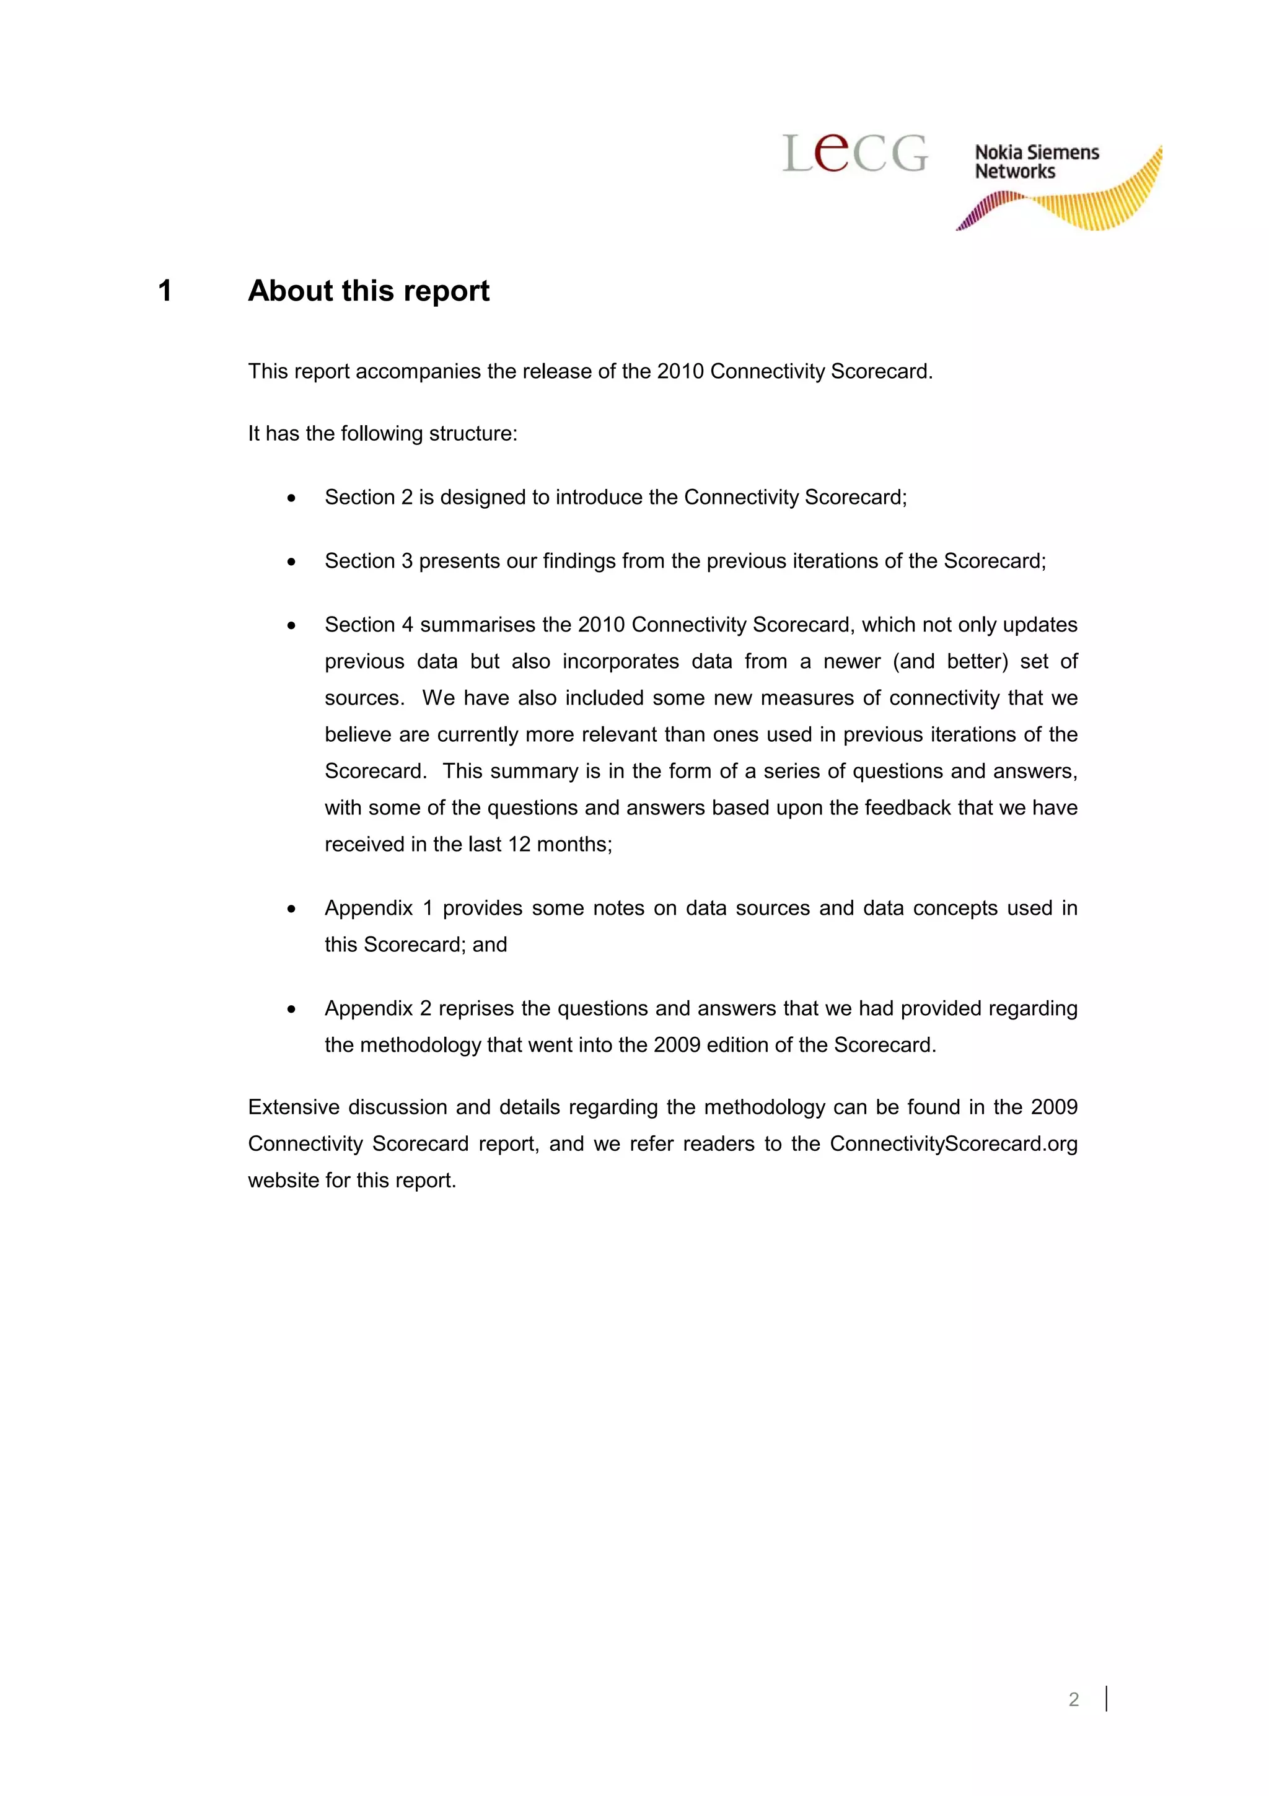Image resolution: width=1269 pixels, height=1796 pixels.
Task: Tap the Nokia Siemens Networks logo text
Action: pos(1036,162)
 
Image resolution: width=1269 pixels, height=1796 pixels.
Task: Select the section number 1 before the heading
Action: pos(165,291)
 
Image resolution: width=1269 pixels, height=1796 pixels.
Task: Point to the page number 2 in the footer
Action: pos(1074,1699)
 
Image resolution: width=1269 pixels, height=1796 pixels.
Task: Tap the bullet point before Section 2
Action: pos(292,498)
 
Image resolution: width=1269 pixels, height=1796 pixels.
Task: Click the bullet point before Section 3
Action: pos(292,561)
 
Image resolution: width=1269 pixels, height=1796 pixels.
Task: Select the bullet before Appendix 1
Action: pos(292,909)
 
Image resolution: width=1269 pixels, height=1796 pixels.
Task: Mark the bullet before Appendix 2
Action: pos(292,1009)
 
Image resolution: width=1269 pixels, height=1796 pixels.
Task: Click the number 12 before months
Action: pos(519,844)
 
